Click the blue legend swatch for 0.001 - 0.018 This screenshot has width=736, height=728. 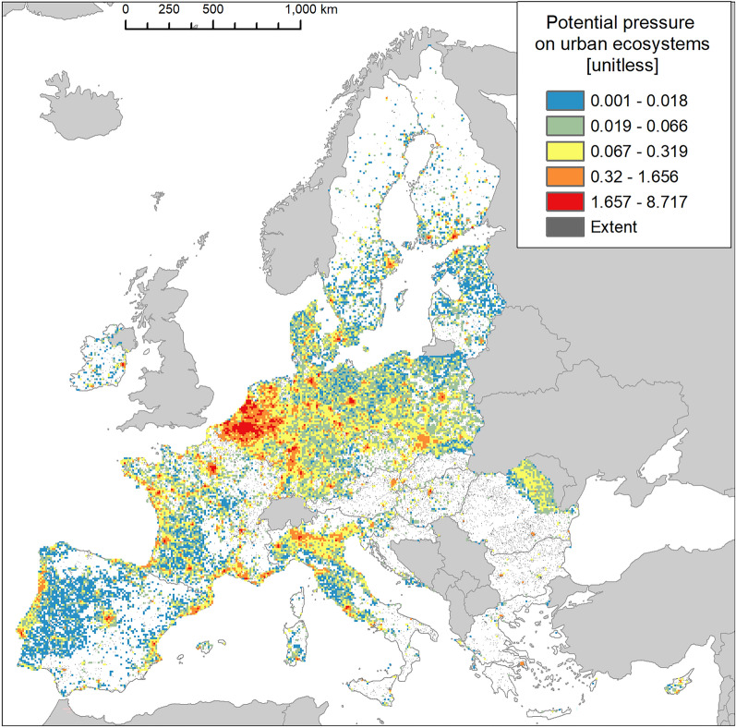(x=563, y=100)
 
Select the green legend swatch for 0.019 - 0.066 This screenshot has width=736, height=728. (x=563, y=124)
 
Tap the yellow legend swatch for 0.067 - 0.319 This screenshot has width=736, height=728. (x=563, y=149)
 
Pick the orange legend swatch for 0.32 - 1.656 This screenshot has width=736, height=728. (x=563, y=174)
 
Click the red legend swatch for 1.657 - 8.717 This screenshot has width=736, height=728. (x=563, y=199)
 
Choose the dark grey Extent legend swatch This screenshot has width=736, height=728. (x=563, y=224)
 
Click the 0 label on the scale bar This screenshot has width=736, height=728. (x=126, y=8)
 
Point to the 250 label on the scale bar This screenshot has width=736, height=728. (x=169, y=8)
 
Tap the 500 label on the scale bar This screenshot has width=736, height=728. (x=213, y=8)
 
